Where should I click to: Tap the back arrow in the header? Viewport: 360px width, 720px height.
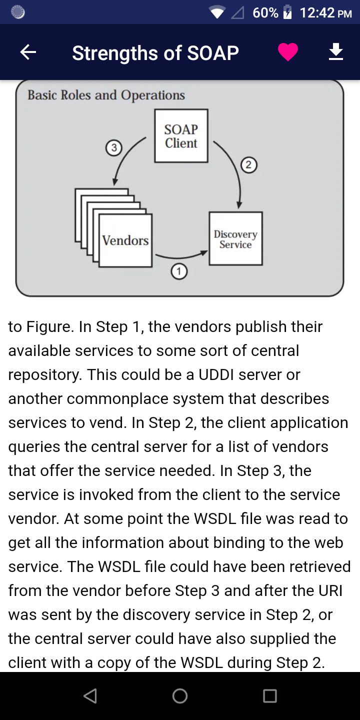(28, 52)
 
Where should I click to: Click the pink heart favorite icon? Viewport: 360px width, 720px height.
(288, 52)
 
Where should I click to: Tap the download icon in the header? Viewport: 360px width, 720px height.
(336, 52)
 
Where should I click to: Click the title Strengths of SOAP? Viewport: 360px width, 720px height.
(155, 52)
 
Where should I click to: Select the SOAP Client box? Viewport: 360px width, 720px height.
(181, 136)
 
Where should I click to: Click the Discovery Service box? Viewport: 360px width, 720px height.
(235, 238)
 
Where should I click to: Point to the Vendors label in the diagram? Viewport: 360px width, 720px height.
(125, 240)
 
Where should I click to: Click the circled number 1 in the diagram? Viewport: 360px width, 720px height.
(179, 271)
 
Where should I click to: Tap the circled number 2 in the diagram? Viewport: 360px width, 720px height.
(249, 164)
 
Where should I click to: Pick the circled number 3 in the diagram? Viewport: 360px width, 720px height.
(114, 148)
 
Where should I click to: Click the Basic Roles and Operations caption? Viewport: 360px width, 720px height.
(106, 95)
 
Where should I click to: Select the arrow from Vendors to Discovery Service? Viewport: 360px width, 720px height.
(181, 256)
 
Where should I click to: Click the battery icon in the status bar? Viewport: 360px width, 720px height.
(287, 12)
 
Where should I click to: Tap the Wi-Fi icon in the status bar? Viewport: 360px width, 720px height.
(217, 12)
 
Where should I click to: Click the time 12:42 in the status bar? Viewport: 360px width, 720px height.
(317, 12)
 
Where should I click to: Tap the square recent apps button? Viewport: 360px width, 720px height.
(270, 696)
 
